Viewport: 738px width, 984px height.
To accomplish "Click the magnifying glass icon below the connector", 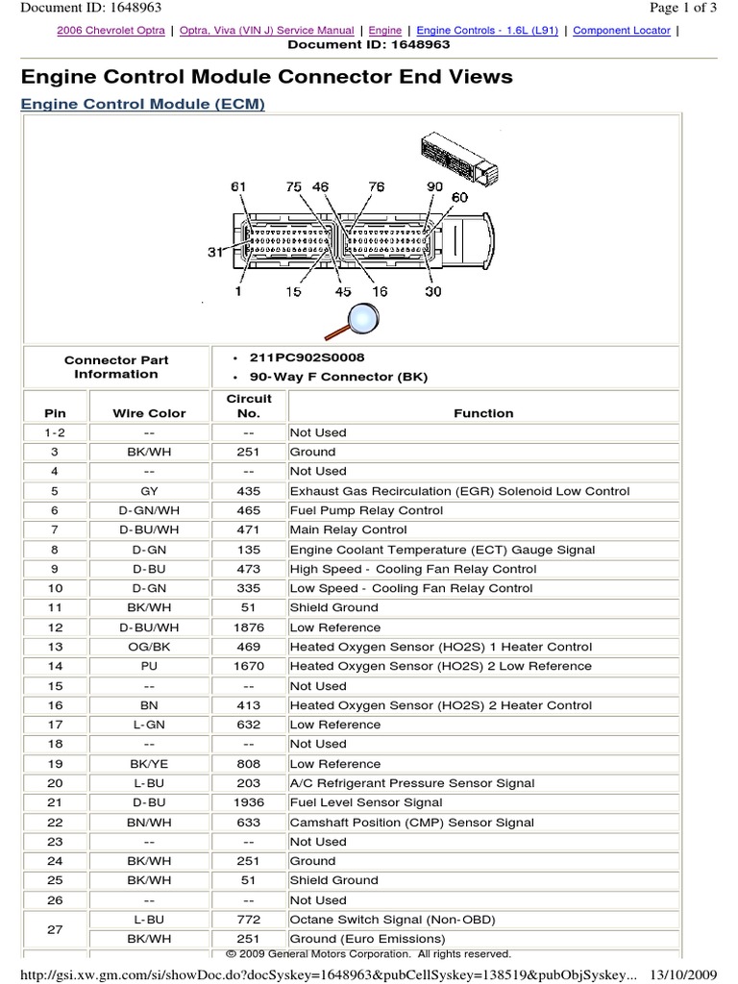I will tap(361, 317).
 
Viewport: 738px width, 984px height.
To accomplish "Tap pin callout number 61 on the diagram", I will tap(238, 185).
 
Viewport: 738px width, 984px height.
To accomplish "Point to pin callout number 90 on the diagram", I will tap(434, 185).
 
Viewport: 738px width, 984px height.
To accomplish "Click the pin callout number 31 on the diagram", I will tap(215, 252).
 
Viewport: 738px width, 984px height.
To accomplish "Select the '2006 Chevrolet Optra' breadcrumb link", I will tap(110, 31).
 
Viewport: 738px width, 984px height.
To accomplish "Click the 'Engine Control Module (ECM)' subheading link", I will tap(142, 104).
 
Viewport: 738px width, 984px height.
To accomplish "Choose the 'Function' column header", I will tap(483, 413).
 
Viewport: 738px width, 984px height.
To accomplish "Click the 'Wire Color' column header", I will tap(149, 413).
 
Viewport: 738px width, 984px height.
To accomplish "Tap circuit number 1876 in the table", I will tap(248, 627).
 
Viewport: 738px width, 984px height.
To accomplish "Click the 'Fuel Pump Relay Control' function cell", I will tap(366, 510).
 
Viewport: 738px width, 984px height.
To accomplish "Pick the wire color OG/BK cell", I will tap(149, 647).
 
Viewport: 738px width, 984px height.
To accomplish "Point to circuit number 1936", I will tap(248, 802).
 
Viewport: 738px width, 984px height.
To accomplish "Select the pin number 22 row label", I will tap(55, 823).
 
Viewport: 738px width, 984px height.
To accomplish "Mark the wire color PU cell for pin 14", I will tap(149, 666).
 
